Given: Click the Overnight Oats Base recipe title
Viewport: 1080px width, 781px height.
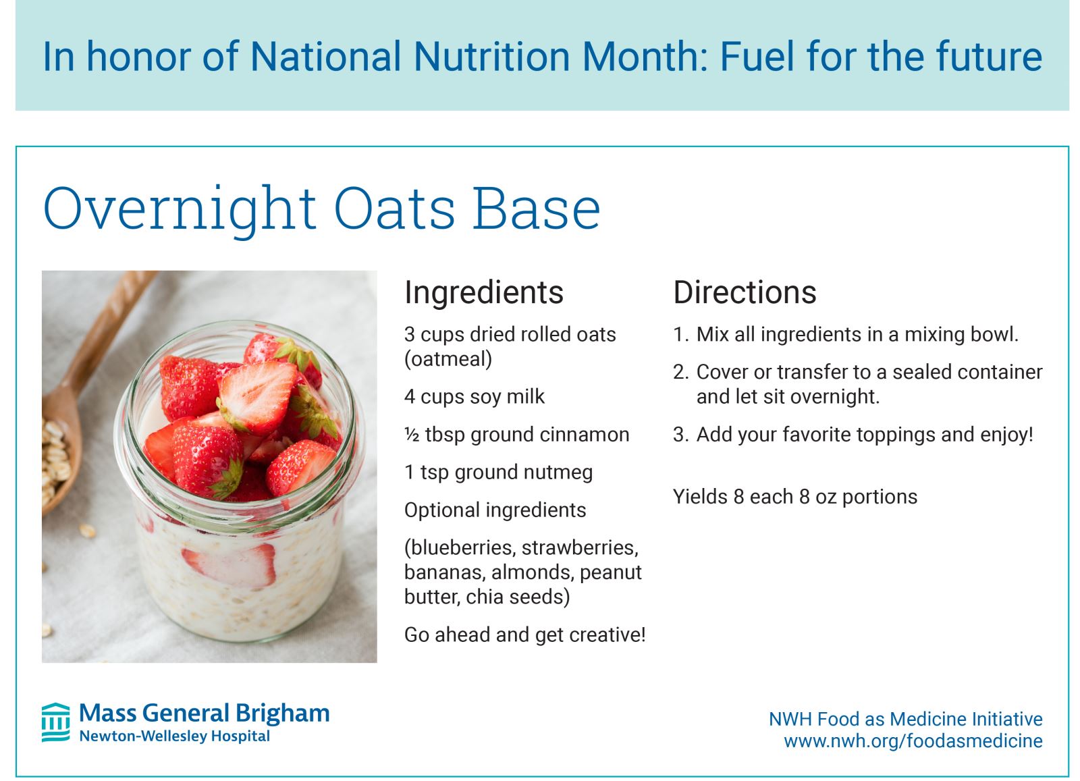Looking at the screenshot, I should click(321, 208).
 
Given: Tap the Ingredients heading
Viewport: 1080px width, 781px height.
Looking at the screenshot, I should click(483, 292).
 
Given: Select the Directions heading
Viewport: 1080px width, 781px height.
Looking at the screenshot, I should click(745, 292).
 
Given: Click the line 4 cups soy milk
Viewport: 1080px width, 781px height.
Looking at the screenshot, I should click(474, 396).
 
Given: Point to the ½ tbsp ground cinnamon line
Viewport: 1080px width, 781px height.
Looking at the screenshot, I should click(516, 434).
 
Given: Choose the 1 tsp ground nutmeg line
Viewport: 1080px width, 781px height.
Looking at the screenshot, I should click(498, 472).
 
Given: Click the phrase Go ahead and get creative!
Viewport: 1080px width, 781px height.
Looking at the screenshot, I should click(524, 635).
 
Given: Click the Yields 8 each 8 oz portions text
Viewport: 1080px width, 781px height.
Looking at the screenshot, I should click(794, 497).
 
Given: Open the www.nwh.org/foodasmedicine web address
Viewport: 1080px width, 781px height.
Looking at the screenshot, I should click(913, 740).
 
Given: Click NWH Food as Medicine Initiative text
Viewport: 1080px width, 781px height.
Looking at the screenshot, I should click(905, 719).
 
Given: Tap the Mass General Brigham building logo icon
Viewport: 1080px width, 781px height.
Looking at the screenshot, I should click(55, 722).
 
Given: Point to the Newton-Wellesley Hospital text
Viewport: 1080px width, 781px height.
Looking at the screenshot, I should click(174, 736).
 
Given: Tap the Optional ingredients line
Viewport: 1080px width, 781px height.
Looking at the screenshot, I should click(495, 510).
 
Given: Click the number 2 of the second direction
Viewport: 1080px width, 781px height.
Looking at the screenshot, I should click(680, 372).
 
